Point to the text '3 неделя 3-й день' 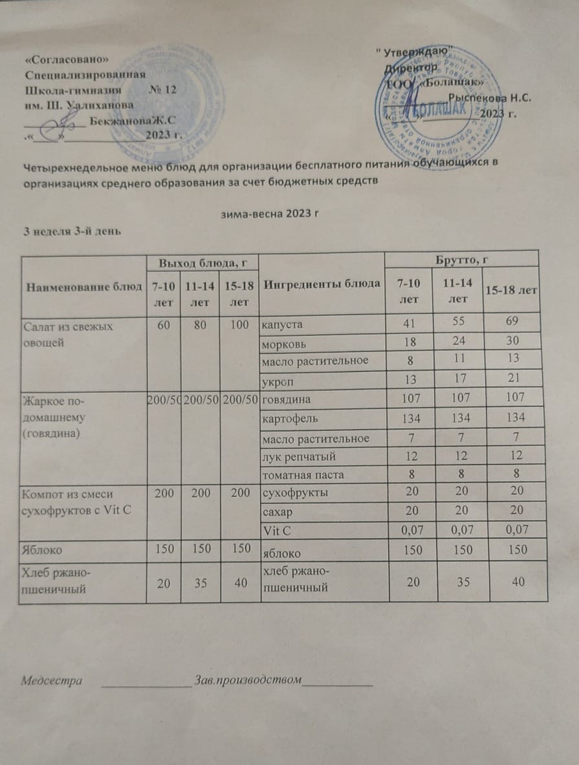[69, 231]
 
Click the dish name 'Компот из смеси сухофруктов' [76, 502]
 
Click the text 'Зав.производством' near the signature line [249, 680]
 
